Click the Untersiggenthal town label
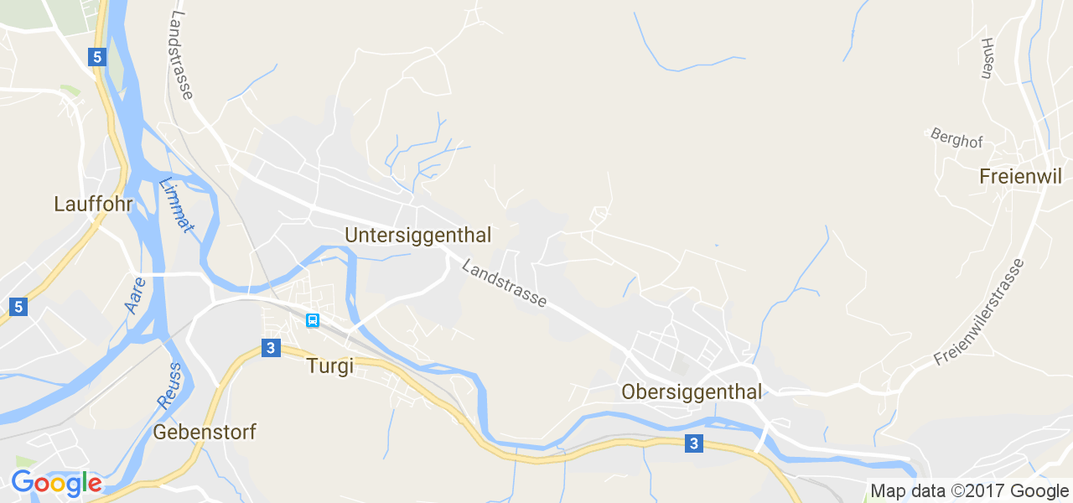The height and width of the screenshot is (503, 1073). [x=417, y=235]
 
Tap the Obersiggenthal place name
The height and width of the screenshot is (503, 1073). [x=692, y=392]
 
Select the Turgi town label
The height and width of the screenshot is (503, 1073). [x=329, y=366]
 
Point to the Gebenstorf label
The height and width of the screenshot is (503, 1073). [x=205, y=433]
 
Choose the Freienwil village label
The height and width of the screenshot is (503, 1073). [x=1020, y=177]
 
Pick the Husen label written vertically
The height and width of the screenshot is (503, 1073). [x=987, y=58]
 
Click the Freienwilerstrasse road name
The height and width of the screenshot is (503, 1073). [x=979, y=312]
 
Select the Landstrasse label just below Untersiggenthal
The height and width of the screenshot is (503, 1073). [x=505, y=283]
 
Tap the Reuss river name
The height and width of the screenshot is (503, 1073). [x=168, y=385]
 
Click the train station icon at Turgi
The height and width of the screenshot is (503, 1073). [x=313, y=319]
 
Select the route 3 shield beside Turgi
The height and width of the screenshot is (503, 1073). [x=270, y=348]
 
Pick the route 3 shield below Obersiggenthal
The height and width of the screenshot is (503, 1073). [x=693, y=443]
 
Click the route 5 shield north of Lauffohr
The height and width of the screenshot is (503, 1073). [x=98, y=57]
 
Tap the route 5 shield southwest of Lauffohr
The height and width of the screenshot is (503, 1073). [x=19, y=307]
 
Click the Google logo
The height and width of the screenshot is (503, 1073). [x=56, y=484]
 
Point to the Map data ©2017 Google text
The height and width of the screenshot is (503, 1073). [x=968, y=491]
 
